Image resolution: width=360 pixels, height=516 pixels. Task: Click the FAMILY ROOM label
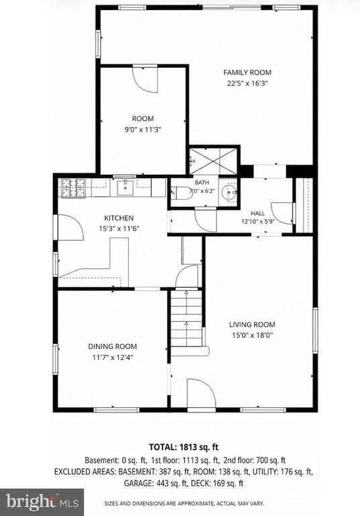(x=247, y=73)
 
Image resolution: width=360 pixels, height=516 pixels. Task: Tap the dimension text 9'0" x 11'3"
(x=143, y=130)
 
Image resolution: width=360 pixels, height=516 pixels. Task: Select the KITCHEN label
(x=119, y=218)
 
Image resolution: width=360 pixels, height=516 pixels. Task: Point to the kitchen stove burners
(x=73, y=188)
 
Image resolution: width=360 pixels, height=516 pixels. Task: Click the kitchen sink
(x=126, y=187)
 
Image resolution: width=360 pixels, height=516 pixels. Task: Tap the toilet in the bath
(x=181, y=193)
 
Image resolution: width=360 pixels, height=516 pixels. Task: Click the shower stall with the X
(x=213, y=161)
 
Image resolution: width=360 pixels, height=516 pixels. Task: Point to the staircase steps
(x=186, y=318)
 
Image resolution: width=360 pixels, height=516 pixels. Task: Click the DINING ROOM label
(x=113, y=346)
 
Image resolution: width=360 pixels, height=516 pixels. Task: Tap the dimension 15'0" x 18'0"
(x=252, y=335)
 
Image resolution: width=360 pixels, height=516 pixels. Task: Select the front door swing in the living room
(x=201, y=394)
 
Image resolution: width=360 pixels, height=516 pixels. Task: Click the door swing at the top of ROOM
(x=145, y=79)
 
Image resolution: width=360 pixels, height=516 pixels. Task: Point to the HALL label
(x=258, y=213)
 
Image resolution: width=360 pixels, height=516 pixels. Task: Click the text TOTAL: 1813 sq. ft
(x=183, y=447)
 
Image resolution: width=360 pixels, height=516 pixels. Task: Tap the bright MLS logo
(x=42, y=502)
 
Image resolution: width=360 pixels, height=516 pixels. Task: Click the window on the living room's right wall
(x=315, y=331)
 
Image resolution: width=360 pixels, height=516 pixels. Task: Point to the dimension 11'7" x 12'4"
(x=113, y=357)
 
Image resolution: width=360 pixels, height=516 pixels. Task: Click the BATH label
(x=201, y=183)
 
